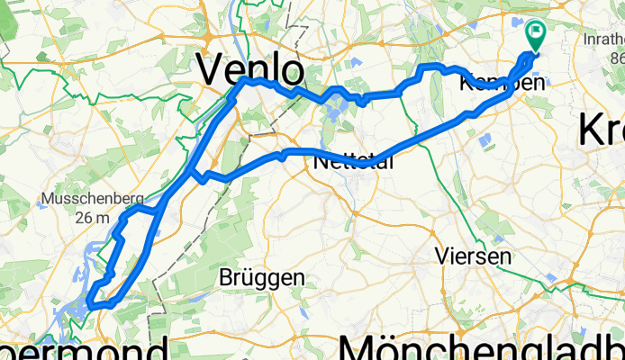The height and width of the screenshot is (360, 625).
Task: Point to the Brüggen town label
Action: coord(262,278)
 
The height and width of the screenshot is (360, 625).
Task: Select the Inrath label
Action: coord(602,40)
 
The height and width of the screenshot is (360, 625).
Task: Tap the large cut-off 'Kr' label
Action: coord(601,130)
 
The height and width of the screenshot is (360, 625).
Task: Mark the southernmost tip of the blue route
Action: coord(92,312)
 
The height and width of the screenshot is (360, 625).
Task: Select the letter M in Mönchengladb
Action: coord(357,345)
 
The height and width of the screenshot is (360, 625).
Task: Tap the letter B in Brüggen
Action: coord(227,278)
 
